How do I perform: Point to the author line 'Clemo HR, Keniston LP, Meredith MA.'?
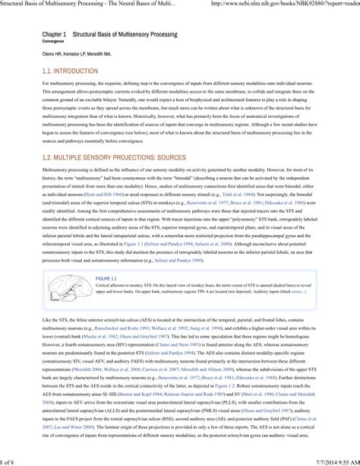point(73,55)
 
